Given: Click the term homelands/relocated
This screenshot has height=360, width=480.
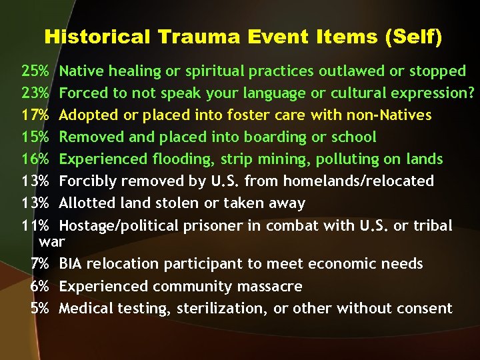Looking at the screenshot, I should (360, 181).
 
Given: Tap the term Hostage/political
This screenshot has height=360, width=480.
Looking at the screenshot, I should (117, 226).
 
